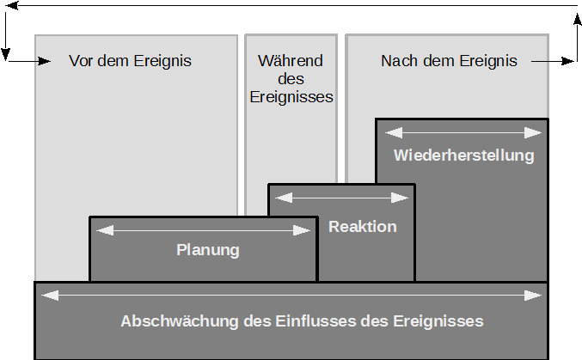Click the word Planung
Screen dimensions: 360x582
(x=207, y=251)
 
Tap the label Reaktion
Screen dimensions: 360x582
(x=363, y=227)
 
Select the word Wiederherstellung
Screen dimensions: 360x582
(x=463, y=156)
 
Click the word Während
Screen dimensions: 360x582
(x=291, y=61)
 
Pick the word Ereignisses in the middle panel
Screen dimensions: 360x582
(x=291, y=97)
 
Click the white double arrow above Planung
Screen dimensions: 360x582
(x=204, y=230)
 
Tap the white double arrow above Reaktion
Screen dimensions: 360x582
(x=341, y=198)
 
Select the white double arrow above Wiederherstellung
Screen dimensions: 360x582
(x=463, y=132)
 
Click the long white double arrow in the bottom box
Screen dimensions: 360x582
(x=291, y=296)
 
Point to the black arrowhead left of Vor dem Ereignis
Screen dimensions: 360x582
(x=44, y=61)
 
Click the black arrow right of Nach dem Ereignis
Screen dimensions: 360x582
(x=554, y=61)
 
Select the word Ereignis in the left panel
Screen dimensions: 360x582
(x=163, y=61)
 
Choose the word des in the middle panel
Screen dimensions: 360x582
(x=291, y=79)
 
